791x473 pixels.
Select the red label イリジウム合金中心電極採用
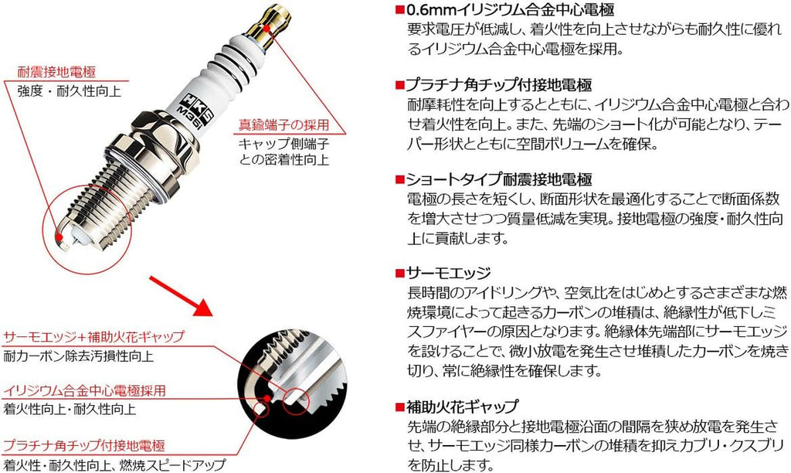(85, 391)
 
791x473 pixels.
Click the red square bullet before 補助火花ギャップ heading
(399, 407)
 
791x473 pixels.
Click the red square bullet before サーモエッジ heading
(399, 274)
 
